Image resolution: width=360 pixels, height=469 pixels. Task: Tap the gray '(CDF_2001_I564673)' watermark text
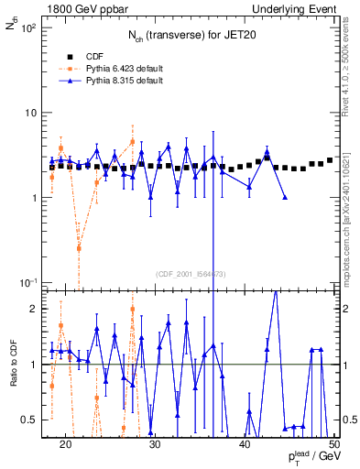191,274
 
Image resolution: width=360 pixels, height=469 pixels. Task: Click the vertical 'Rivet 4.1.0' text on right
349,55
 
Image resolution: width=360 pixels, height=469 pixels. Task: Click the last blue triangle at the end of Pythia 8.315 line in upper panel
286,197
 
